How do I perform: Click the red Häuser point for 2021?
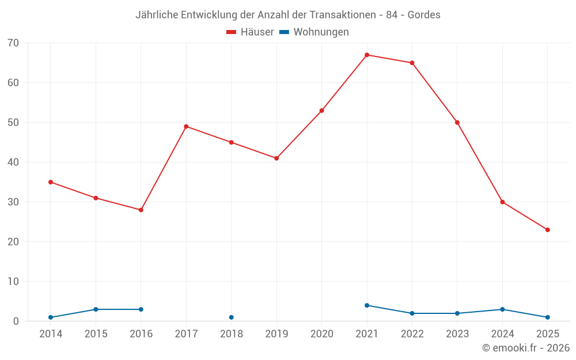(x=367, y=55)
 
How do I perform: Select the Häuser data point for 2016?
(x=141, y=210)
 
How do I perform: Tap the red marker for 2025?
(x=548, y=230)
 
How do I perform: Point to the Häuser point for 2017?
(x=186, y=126)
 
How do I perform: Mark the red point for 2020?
(x=321, y=111)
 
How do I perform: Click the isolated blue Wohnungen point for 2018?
(x=232, y=317)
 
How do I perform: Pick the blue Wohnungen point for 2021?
(x=367, y=305)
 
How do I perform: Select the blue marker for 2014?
(x=51, y=317)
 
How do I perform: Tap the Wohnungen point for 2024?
(x=502, y=309)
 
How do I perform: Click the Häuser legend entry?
(x=250, y=32)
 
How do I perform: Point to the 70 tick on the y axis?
(x=13, y=43)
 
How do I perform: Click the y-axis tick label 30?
(x=13, y=202)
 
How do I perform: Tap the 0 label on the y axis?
(x=16, y=321)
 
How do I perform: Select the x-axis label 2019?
(x=276, y=334)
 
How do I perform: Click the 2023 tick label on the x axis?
(x=457, y=334)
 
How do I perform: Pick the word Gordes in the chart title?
(x=424, y=15)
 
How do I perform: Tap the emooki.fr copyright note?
(x=526, y=348)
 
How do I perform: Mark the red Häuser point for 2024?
(x=502, y=202)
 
